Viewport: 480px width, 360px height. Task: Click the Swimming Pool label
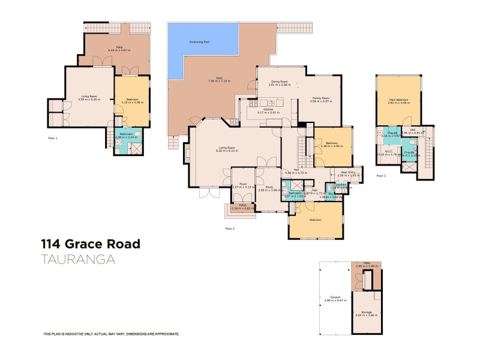tap(199, 42)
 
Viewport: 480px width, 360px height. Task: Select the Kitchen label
tap(268, 110)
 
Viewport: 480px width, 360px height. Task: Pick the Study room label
tap(269, 187)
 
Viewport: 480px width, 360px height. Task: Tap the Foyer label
tap(243, 184)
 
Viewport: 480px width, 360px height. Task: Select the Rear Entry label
tap(349, 173)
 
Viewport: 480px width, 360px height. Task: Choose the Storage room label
tap(365, 312)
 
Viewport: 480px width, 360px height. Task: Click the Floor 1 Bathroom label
tap(126, 134)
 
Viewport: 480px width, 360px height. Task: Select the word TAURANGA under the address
tap(77, 259)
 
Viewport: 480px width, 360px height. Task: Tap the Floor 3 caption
tap(381, 176)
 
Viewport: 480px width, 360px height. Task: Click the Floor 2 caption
tap(229, 228)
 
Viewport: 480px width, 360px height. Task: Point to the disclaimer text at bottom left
tap(111, 334)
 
